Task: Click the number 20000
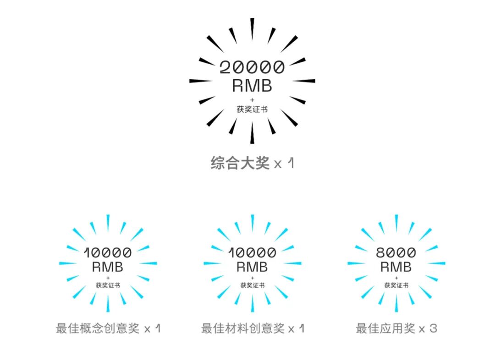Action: (x=252, y=68)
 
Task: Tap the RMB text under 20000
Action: (x=252, y=86)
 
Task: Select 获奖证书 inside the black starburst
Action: (x=252, y=109)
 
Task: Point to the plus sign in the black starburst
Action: (x=252, y=99)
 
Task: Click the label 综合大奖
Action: (x=240, y=163)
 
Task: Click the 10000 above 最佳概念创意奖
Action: (x=108, y=252)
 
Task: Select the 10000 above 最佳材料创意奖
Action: (x=252, y=252)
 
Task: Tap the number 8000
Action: (x=396, y=252)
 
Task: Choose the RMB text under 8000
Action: (x=396, y=267)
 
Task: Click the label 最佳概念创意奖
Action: (x=98, y=328)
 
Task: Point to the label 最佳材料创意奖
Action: (x=242, y=328)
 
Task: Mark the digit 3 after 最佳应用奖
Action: (x=434, y=328)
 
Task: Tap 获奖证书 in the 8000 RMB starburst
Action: (x=396, y=285)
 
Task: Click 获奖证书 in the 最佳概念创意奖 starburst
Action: (x=108, y=285)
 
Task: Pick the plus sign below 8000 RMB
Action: (x=396, y=278)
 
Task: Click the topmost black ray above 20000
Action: (x=252, y=28)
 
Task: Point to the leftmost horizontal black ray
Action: (x=201, y=81)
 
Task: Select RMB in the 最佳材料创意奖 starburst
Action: (x=252, y=267)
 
